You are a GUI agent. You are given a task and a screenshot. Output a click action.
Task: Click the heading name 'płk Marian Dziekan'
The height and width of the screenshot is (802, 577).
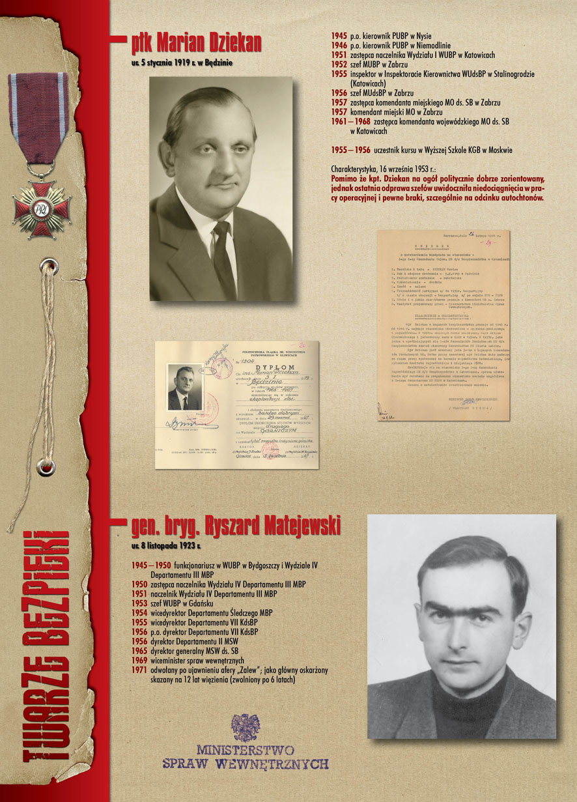point(196,44)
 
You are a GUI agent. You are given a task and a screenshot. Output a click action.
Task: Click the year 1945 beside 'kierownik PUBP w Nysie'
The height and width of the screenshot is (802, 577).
point(339,36)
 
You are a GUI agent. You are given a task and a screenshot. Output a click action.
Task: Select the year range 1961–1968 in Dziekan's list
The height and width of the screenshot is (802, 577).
point(350,122)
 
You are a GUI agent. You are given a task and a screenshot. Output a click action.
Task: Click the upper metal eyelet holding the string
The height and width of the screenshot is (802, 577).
point(47,265)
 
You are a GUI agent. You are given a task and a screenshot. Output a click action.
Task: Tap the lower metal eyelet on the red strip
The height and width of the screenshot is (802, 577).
point(46,466)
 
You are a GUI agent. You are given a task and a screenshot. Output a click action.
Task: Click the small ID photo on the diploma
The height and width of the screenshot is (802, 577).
point(184,388)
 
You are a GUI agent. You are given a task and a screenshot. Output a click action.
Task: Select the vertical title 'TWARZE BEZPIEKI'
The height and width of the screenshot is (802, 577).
point(46,645)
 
